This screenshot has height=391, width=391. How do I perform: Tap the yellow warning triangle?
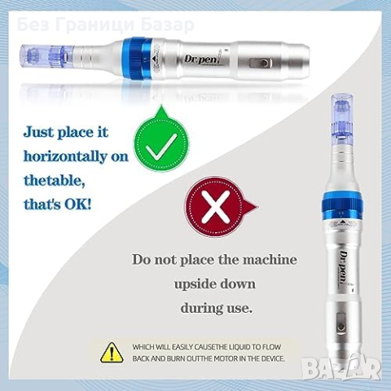click(112, 353)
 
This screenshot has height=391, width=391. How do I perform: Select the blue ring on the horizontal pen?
click(138, 58)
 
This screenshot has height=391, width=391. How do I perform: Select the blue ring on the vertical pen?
click(342, 204)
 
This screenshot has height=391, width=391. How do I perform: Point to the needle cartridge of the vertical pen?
click(342, 117)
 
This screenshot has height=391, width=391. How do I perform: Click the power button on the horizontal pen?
click(263, 64)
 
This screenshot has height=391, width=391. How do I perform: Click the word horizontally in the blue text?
click(64, 156)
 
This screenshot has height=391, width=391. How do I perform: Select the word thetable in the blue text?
click(53, 181)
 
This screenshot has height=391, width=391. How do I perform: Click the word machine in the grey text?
click(270, 260)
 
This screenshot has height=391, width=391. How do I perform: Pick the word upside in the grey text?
click(194, 285)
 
